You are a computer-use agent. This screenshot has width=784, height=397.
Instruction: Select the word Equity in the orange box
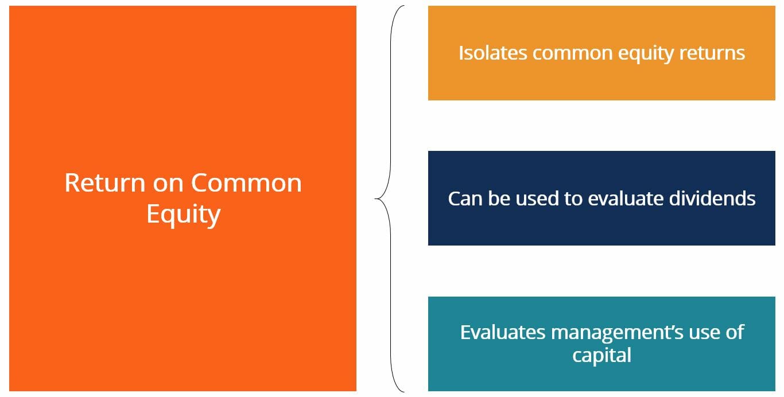point(183,215)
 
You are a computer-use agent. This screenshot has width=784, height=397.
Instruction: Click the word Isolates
point(492,53)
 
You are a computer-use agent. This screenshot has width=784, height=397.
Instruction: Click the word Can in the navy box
point(465,198)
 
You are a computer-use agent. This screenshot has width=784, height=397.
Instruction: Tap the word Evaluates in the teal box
point(503,332)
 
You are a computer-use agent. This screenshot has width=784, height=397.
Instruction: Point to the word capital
point(601,355)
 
